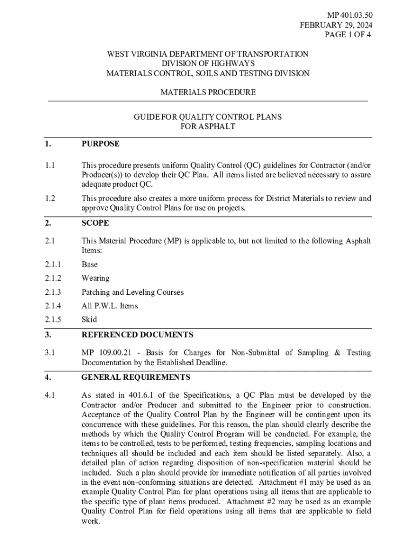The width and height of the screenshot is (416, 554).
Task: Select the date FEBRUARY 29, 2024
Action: (x=336, y=25)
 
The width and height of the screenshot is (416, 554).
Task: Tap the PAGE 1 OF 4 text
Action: (x=347, y=35)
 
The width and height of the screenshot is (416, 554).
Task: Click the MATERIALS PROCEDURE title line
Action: (x=208, y=93)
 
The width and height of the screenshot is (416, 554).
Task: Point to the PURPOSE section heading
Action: (x=100, y=144)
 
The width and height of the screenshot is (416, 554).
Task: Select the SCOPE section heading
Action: (x=95, y=223)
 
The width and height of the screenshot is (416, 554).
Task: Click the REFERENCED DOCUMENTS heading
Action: (x=137, y=335)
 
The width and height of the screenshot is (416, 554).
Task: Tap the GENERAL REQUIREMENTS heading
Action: (x=136, y=377)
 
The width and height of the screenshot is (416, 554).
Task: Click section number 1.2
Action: (x=50, y=199)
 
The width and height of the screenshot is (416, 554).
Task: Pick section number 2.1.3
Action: (x=53, y=292)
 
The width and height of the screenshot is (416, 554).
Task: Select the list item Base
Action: (x=90, y=265)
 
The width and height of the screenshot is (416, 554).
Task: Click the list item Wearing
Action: (x=95, y=278)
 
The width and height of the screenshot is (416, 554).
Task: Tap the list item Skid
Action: (x=89, y=320)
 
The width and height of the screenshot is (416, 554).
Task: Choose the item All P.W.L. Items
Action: (x=110, y=306)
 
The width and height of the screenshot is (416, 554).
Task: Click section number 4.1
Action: (x=50, y=395)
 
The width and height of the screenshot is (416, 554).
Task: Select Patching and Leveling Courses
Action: (x=132, y=292)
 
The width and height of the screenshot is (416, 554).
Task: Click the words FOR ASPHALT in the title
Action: (x=208, y=127)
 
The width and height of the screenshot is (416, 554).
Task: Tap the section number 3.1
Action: (x=50, y=353)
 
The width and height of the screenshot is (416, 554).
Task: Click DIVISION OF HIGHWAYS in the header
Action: (x=208, y=63)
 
